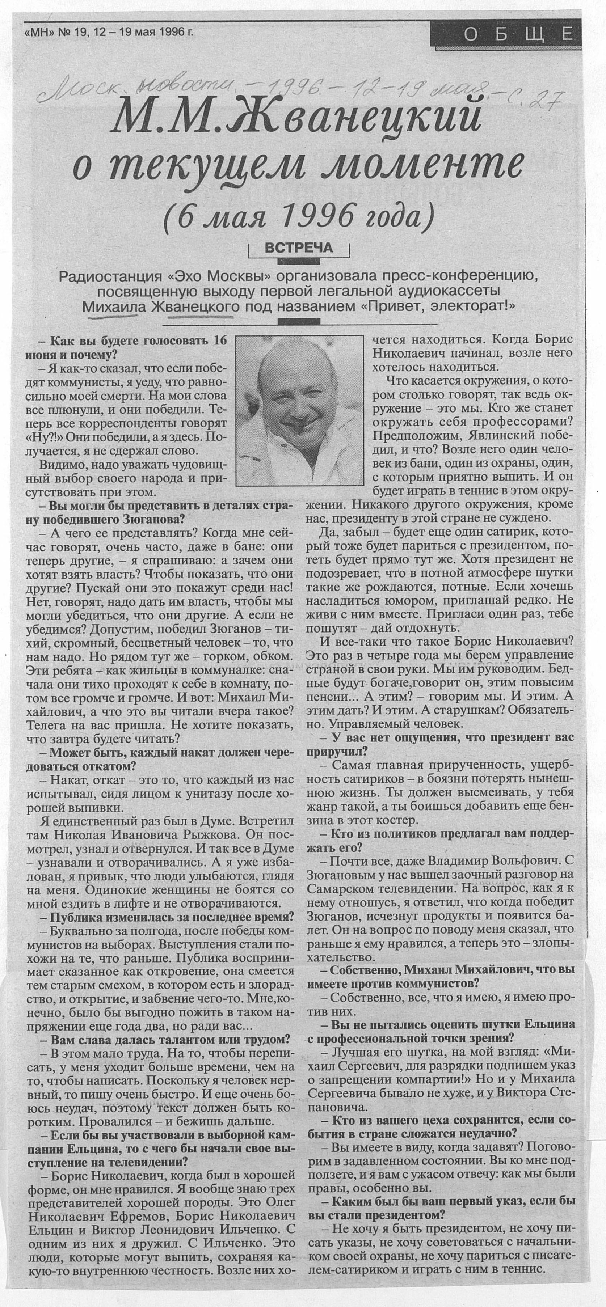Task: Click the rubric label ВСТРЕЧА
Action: pyautogui.click(x=299, y=248)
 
